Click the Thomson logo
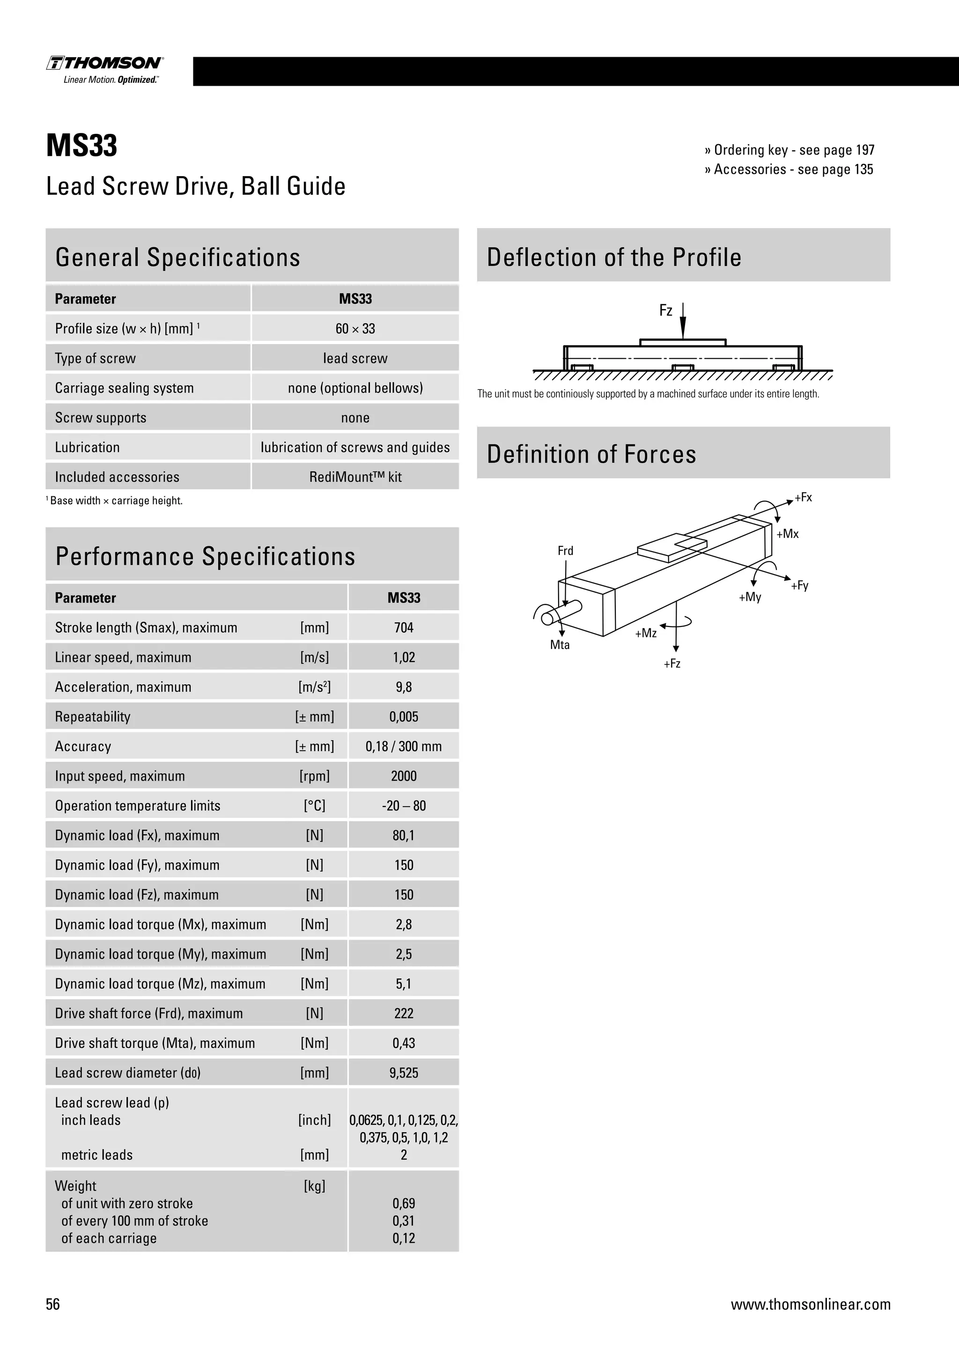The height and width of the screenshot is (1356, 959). [x=105, y=69]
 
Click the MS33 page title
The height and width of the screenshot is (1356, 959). [x=81, y=145]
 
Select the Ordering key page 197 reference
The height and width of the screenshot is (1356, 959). [x=789, y=150]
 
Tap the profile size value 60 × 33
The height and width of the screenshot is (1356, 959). [x=355, y=329]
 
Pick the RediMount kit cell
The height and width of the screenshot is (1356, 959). [x=355, y=477]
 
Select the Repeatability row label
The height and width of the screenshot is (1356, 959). [x=93, y=717]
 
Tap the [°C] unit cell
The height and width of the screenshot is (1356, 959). [x=314, y=805]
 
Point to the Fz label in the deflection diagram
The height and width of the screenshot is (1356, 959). [x=665, y=310]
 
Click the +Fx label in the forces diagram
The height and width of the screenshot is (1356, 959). [x=803, y=497]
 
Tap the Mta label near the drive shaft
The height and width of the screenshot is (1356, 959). [x=560, y=645]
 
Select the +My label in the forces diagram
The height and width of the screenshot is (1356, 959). [x=750, y=597]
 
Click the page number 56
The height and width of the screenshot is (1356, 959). [x=53, y=1304]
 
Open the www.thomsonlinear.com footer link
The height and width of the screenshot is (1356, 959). [x=810, y=1304]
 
